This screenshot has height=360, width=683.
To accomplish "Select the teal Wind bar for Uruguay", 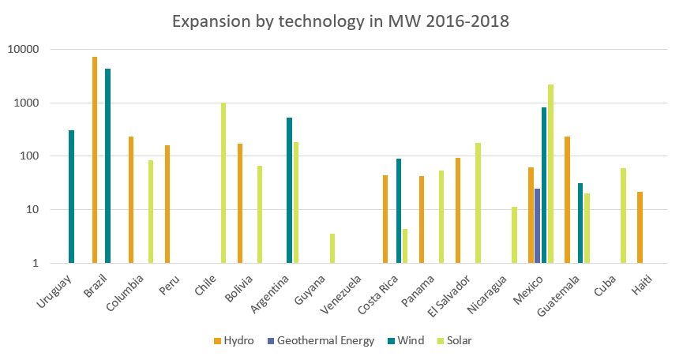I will click(71, 197).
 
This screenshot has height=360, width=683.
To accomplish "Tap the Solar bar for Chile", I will click(223, 182).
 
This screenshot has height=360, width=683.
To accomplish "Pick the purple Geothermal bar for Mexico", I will click(538, 226).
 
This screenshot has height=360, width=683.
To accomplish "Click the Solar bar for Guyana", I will click(332, 248).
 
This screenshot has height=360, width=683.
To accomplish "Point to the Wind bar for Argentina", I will click(290, 190).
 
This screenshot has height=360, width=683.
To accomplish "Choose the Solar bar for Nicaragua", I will click(514, 234).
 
